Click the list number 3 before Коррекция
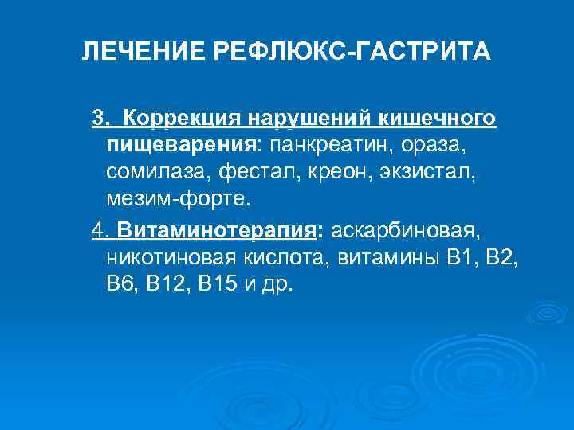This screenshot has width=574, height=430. (97, 119)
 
